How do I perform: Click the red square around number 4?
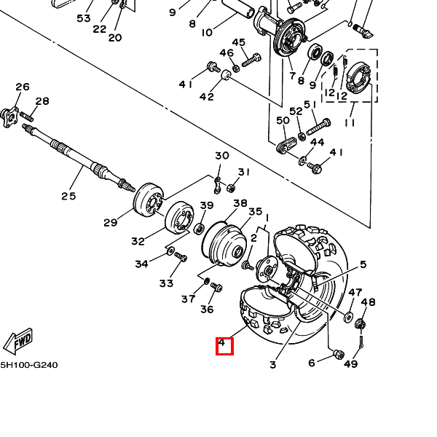[x=224, y=346]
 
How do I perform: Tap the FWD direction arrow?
[x=18, y=342]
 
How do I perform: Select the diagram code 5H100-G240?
[x=29, y=365]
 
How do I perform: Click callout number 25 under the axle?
[x=68, y=196]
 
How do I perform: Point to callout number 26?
[x=23, y=87]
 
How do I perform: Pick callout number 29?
[x=111, y=223]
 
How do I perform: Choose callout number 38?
[x=240, y=203]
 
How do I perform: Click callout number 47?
[x=355, y=292]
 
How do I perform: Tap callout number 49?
[x=350, y=363]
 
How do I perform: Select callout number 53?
[x=84, y=18]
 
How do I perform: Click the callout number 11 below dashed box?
[x=350, y=122]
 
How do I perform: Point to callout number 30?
[x=222, y=156]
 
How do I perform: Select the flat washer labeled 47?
[x=348, y=317]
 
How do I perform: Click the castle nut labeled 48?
[x=361, y=324]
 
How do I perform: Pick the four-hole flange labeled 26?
[x=9, y=117]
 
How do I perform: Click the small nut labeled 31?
[x=231, y=188]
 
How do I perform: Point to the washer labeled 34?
[x=170, y=251]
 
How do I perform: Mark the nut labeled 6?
[x=339, y=355]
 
